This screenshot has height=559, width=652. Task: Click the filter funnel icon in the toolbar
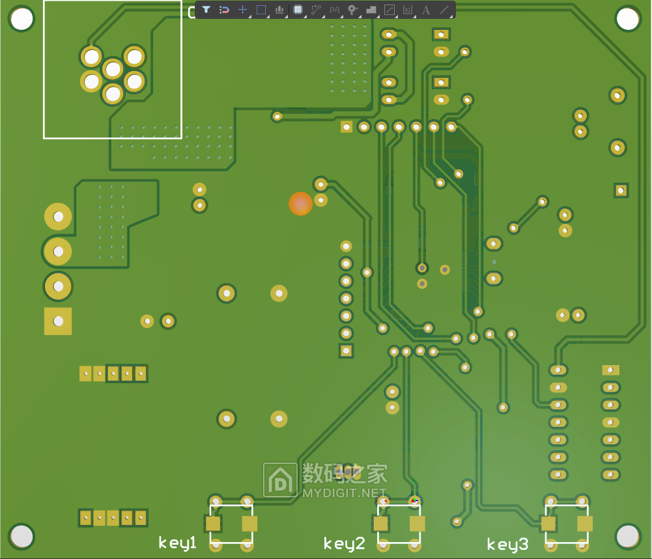click(x=206, y=10)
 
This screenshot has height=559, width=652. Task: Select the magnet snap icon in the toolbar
click(x=224, y=10)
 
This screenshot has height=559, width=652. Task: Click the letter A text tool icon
click(x=426, y=10)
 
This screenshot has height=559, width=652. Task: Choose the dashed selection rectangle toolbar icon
click(x=261, y=10)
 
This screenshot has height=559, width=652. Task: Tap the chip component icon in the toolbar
click(x=298, y=10)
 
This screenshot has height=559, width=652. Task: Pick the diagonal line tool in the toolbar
click(x=444, y=10)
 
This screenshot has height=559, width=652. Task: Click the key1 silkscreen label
click(x=178, y=543)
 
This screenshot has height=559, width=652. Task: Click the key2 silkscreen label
click(x=344, y=544)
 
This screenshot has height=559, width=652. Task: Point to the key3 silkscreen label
click(x=507, y=545)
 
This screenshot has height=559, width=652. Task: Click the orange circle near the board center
click(x=301, y=204)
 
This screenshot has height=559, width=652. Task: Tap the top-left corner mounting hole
click(x=21, y=19)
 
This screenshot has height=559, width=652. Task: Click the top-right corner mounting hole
click(x=628, y=19)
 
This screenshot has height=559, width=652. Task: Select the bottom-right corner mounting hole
click(x=628, y=536)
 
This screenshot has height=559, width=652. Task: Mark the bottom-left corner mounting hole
click(x=21, y=536)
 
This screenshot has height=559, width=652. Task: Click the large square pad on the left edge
click(x=58, y=321)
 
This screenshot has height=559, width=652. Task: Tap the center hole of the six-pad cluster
click(x=113, y=69)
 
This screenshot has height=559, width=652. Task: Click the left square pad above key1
click(x=214, y=523)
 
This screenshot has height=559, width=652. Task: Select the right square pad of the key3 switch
click(x=585, y=524)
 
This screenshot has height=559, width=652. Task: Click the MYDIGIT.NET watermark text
click(x=345, y=493)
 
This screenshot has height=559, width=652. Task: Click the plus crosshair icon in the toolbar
click(x=242, y=10)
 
